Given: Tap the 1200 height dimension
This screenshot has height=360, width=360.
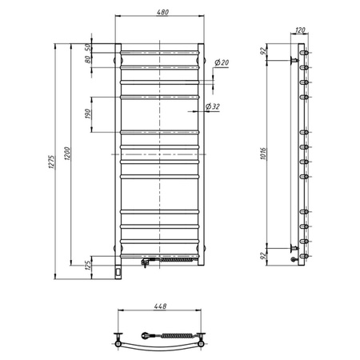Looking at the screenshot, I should tap(70, 152).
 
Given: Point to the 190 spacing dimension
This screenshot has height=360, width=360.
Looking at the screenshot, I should tap(90, 112).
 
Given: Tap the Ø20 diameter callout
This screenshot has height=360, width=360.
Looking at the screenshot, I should tap(222, 62).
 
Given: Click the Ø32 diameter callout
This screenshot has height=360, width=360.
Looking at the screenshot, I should tap(213, 106).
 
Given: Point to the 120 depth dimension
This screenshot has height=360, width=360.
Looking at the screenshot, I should tap(300, 30).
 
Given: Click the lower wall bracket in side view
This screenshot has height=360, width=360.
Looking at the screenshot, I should tap(294, 250).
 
